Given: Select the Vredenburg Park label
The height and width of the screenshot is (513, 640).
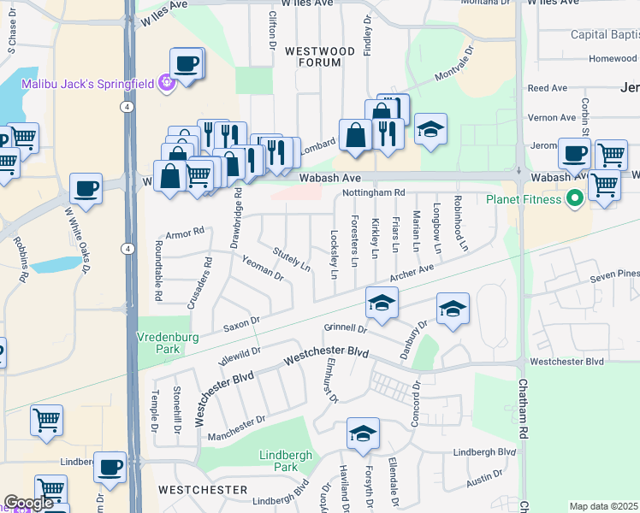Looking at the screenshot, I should [x=169, y=343].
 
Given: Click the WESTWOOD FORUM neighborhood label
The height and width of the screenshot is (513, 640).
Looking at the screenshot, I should [x=319, y=57].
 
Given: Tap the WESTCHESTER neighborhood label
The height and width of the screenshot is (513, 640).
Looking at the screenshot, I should [x=203, y=490].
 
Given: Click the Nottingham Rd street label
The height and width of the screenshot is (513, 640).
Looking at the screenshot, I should [x=373, y=192].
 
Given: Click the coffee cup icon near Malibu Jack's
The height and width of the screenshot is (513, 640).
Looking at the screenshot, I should [x=187, y=63].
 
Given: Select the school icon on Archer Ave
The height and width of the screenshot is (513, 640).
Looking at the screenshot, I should [x=382, y=302].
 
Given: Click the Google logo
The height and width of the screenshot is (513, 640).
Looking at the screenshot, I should [x=28, y=504].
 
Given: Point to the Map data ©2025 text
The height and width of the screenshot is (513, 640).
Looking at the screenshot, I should [x=603, y=506].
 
